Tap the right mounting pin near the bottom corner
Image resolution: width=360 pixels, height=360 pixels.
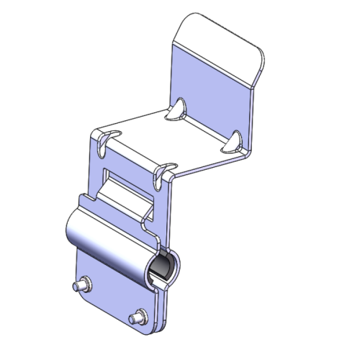137,318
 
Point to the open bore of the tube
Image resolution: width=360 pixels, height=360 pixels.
161,268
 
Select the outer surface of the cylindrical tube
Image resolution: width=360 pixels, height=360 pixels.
108,241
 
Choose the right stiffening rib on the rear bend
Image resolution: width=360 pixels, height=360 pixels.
233,141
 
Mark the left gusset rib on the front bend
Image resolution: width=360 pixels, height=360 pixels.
105,140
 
